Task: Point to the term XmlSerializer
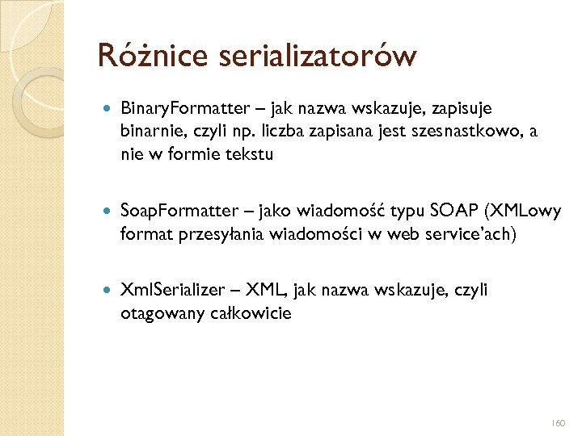tap(165, 290)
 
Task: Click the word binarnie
tap(151, 132)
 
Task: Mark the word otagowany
tap(154, 313)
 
